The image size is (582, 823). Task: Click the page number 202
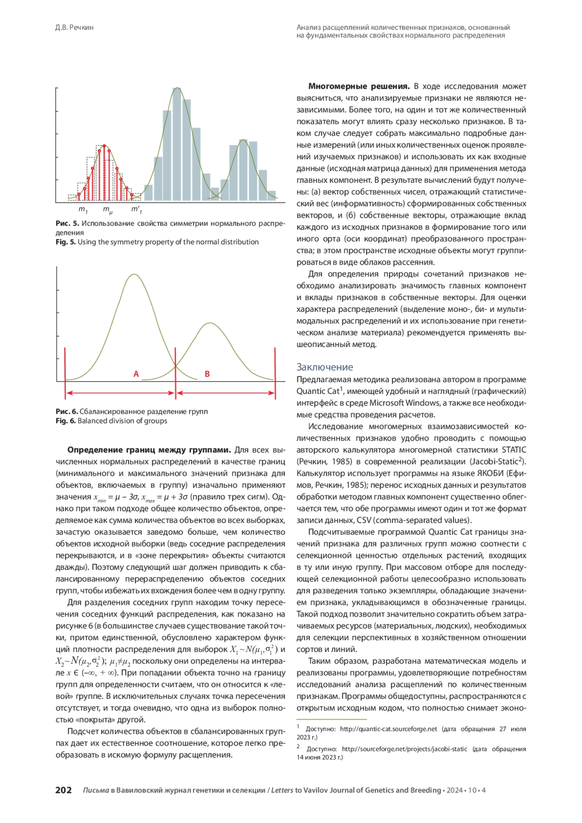(x=64, y=790)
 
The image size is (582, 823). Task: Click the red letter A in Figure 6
(x=136, y=374)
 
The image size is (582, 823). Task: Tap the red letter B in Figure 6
(x=207, y=374)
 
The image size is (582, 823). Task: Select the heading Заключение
(x=324, y=367)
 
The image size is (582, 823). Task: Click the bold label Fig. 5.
(x=65, y=242)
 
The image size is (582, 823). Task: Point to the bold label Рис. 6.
(x=66, y=412)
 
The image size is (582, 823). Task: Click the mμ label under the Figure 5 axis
(x=108, y=210)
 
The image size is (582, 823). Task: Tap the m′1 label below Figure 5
(x=136, y=210)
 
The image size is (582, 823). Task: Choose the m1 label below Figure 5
(x=83, y=210)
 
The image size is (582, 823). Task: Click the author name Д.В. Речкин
(x=74, y=28)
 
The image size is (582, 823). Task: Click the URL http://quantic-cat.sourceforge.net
(x=388, y=729)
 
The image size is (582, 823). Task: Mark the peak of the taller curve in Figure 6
(x=134, y=275)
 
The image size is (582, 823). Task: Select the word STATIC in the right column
(x=514, y=450)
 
